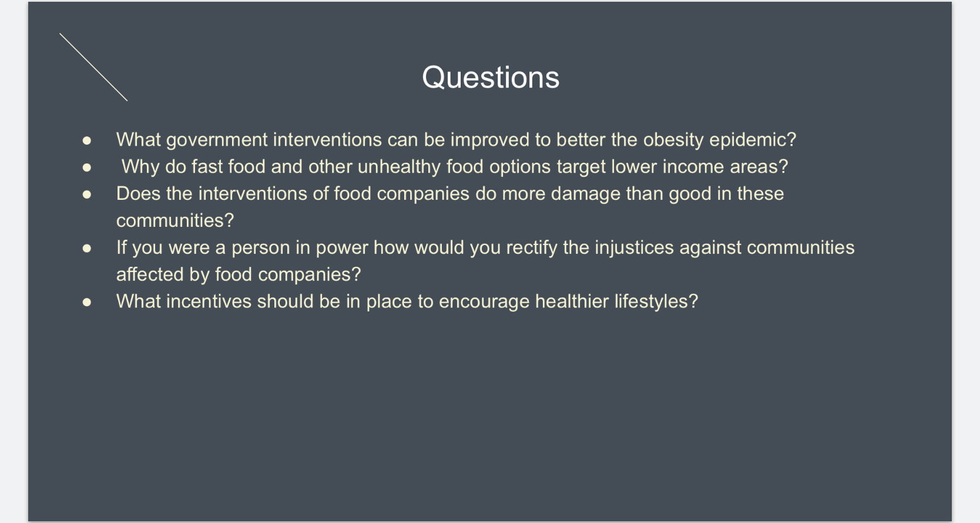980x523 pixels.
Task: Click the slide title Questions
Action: coord(491,78)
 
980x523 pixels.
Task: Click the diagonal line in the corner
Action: coord(93,67)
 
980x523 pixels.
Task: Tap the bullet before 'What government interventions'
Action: coord(86,140)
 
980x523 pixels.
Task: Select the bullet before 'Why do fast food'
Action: coord(86,167)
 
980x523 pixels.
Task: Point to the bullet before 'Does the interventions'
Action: coord(86,195)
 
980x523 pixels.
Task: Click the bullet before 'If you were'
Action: coord(86,248)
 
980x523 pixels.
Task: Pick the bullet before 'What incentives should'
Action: coord(86,302)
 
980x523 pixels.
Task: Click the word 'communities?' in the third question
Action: coord(175,220)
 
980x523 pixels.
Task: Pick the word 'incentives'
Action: coord(209,301)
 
